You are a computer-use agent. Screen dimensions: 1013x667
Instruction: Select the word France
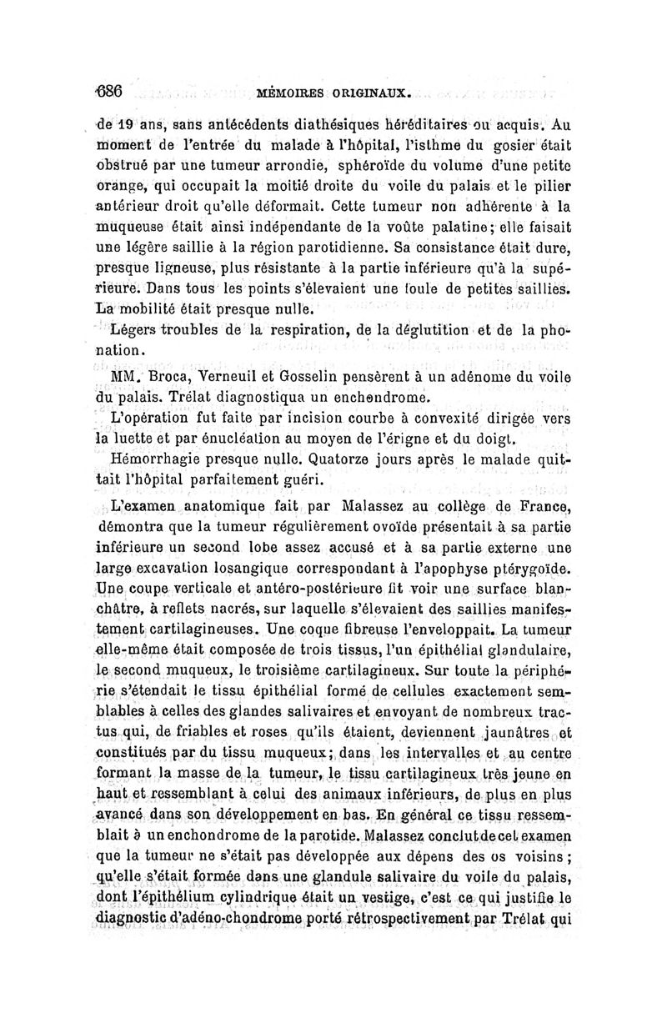[545, 506]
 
